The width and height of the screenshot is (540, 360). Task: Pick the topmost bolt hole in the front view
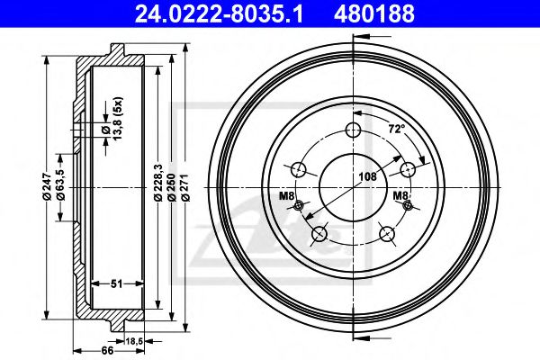[x=353, y=131]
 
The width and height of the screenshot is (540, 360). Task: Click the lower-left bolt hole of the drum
[x=318, y=235]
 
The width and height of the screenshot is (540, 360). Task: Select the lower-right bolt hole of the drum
[x=388, y=235]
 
